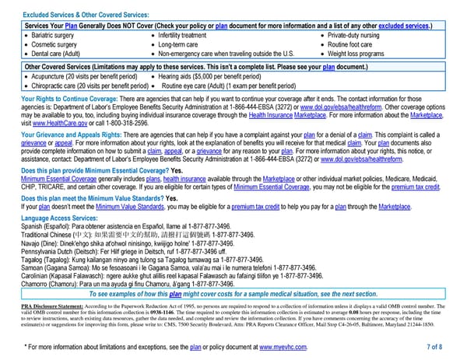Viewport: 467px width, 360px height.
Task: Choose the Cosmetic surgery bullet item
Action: pos(52,44)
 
